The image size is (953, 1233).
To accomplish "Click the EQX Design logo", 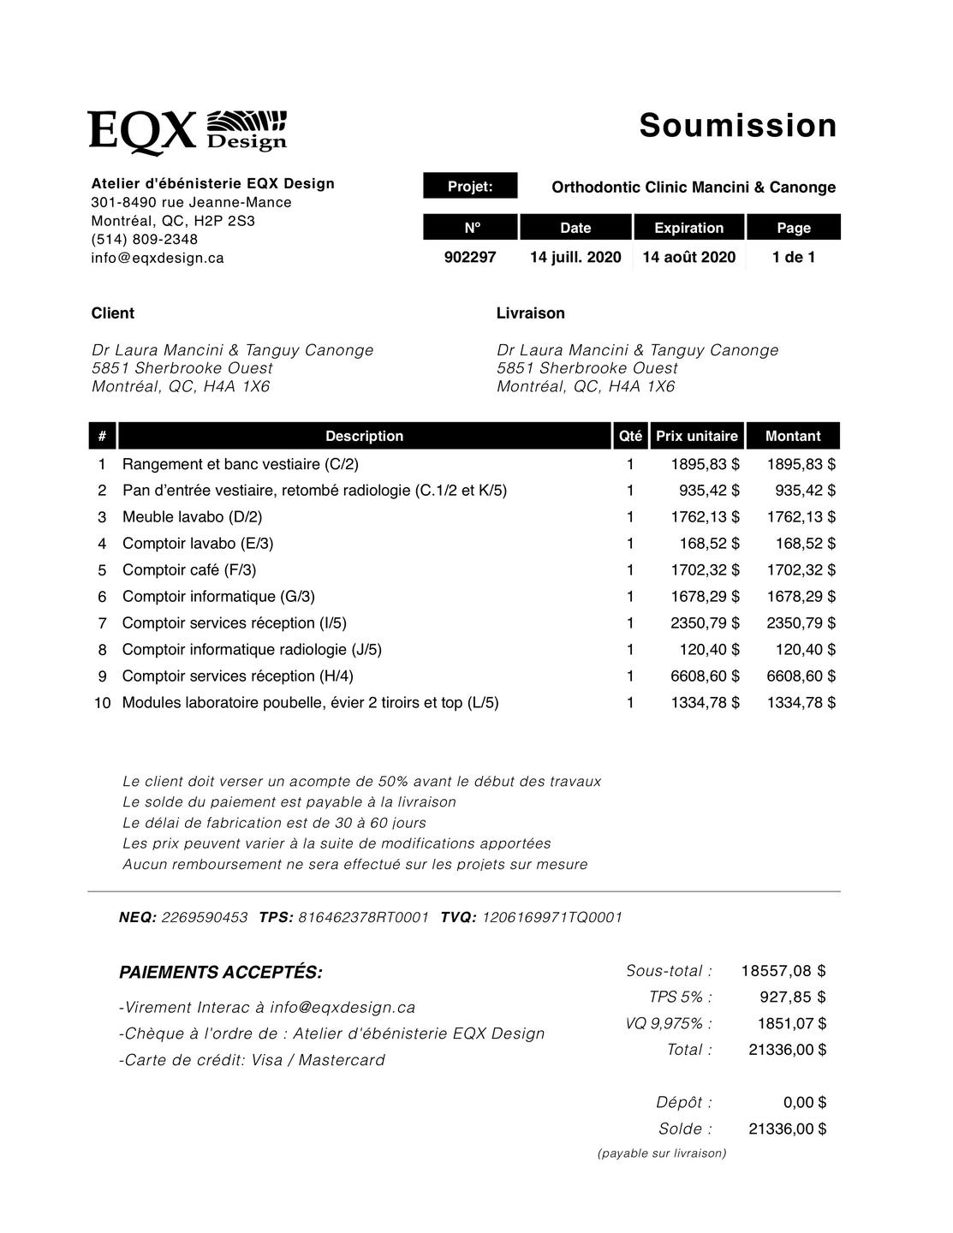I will (187, 131).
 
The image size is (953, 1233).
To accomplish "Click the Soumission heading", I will (737, 125).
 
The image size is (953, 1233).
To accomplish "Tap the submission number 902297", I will (470, 257).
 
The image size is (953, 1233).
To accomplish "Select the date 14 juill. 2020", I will (575, 257).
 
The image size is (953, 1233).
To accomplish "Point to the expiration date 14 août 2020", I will (688, 257).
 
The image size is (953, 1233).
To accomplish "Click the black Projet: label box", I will (470, 186).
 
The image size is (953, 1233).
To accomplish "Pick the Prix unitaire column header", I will (697, 436).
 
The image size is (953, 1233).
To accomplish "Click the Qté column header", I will (630, 436).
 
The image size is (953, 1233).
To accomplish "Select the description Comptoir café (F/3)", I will (189, 570).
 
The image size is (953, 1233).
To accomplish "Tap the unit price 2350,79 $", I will (705, 623).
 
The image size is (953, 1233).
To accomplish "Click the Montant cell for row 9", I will (801, 676).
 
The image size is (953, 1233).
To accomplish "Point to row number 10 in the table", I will (102, 703).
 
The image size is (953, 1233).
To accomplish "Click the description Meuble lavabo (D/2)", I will (193, 517).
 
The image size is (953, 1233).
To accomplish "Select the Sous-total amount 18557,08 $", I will (783, 971).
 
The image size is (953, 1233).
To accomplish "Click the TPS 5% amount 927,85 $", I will (792, 997).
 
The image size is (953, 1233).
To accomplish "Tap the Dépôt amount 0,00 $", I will (804, 1103).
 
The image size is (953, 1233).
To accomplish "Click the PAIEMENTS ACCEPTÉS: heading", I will (221, 973).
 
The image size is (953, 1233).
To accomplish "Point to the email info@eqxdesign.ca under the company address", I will (158, 258).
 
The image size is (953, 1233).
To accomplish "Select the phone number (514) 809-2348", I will (145, 239).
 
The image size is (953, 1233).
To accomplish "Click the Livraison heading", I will (531, 313).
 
